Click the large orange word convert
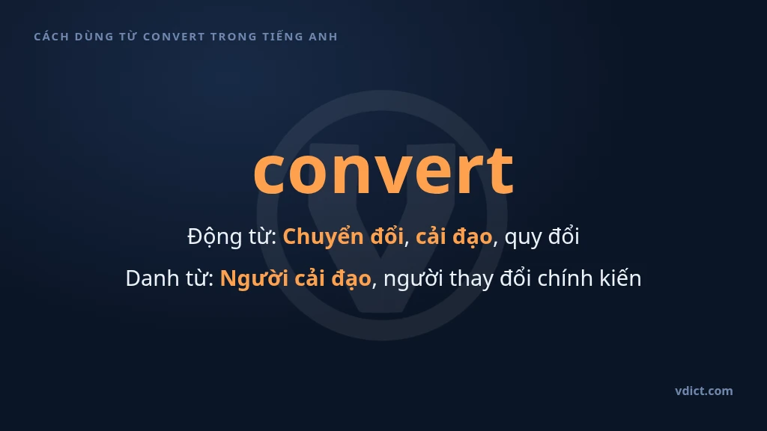[x=383, y=171]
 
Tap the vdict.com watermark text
[x=704, y=391]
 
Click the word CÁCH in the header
[x=52, y=37]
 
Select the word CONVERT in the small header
[x=174, y=37]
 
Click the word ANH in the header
[x=323, y=37]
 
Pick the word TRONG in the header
[x=234, y=37]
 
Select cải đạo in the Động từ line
[x=453, y=237]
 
